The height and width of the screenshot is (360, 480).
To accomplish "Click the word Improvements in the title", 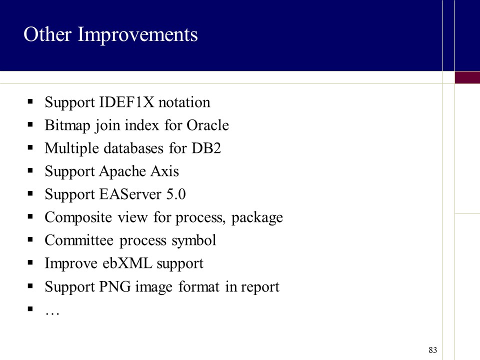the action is click(138, 35).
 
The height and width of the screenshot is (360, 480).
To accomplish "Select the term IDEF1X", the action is click(126, 102).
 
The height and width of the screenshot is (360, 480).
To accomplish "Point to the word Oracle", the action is click(208, 125).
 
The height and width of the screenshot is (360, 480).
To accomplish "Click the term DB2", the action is click(206, 148).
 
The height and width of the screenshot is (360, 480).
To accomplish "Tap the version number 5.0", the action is click(176, 194).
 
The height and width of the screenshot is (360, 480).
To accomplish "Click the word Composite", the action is click(78, 217).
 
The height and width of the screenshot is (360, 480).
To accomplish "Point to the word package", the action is click(257, 218).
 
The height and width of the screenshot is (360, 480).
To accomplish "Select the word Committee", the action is click(79, 240).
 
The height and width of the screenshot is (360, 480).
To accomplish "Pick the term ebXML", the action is click(127, 263).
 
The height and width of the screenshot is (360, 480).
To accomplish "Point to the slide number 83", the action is click(433, 350).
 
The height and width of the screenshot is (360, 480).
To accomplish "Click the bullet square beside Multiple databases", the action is click(30, 147).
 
